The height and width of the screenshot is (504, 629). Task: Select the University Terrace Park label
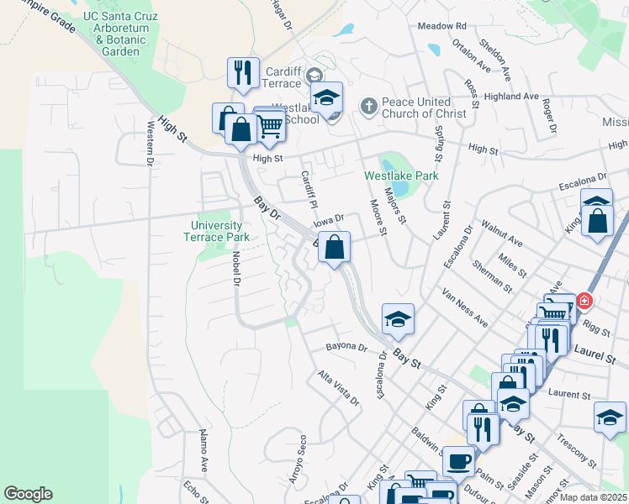[x=216, y=231]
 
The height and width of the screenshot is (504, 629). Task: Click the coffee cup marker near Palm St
[x=459, y=461]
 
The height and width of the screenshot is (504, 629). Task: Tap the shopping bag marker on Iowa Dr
[x=335, y=248]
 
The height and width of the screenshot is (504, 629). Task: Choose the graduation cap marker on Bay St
[x=398, y=318]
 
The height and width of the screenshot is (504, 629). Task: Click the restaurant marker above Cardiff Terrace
[x=243, y=72]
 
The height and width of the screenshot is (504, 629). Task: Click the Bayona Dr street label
[x=347, y=347]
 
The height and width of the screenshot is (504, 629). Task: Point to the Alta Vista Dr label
[x=338, y=388]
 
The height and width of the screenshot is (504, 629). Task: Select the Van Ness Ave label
[x=465, y=308]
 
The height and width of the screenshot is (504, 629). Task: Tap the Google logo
[x=28, y=494]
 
